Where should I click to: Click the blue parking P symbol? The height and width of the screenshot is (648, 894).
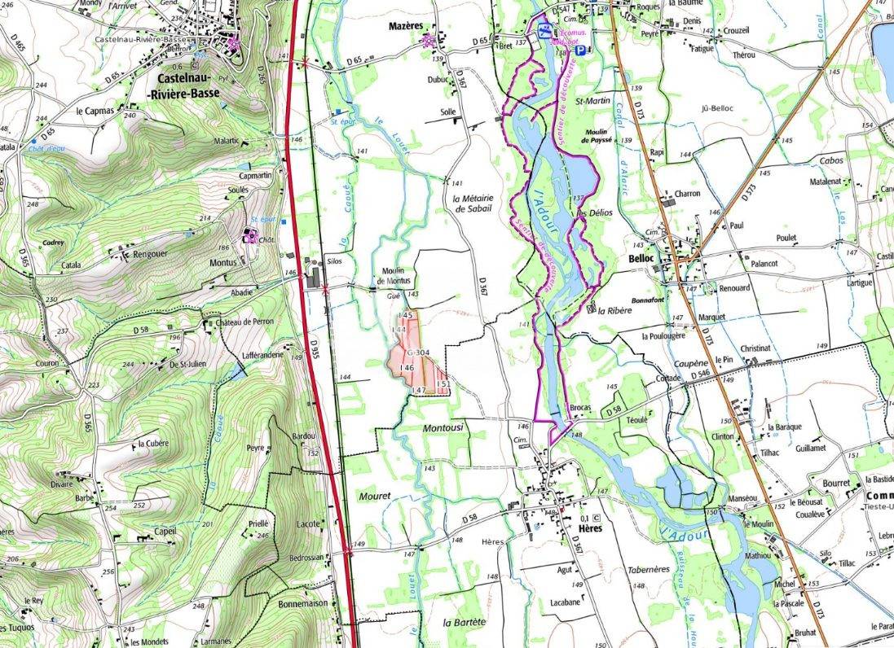click(579, 50)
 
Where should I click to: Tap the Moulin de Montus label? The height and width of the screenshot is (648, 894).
click(394, 276)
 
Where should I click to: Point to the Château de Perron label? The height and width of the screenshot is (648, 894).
click(245, 322)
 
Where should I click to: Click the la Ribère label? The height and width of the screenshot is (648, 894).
click(614, 311)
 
